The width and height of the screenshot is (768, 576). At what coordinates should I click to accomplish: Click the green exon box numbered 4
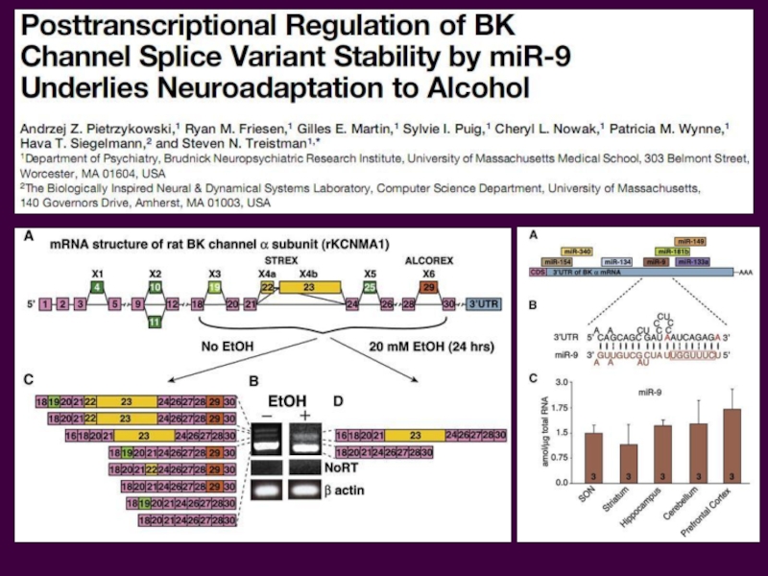[96, 287]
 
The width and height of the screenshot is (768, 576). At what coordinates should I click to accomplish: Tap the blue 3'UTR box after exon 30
[483, 305]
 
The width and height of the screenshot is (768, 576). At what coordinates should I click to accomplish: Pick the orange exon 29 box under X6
[429, 287]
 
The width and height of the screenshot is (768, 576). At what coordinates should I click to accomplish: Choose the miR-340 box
[579, 251]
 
